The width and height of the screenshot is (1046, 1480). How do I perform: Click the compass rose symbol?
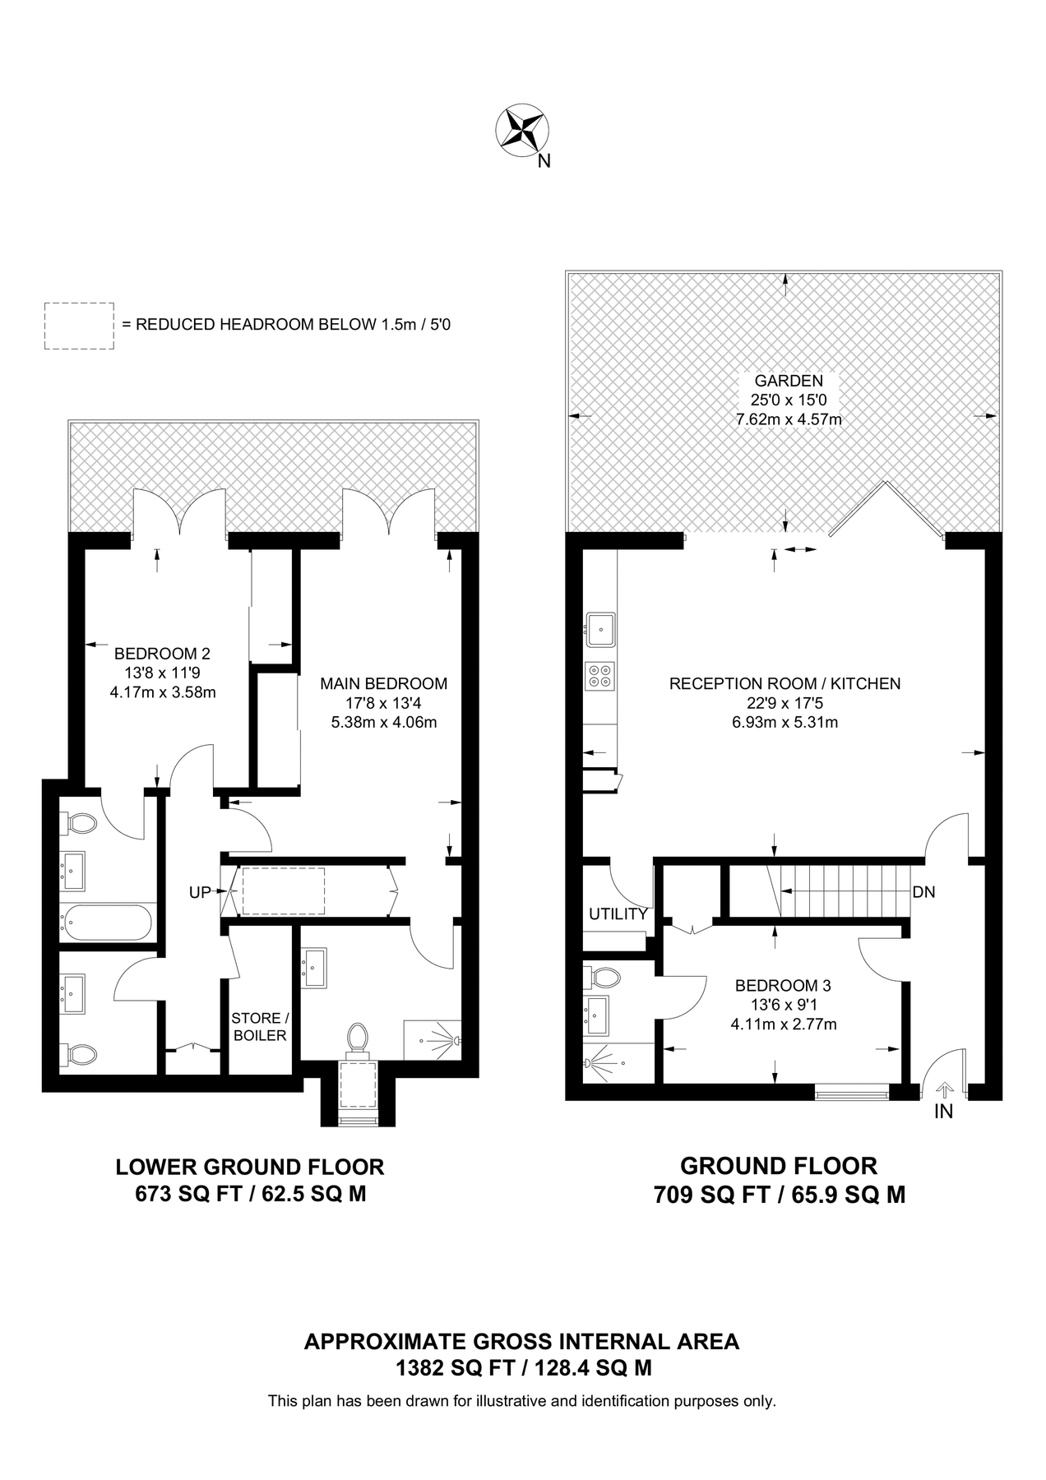coord(522,131)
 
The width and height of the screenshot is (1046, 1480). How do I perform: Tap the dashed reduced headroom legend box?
coord(79,326)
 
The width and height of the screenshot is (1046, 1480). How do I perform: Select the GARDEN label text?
coord(788,381)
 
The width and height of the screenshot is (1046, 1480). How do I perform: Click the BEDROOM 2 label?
coord(162,654)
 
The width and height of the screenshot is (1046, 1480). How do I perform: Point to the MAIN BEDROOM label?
coord(383,683)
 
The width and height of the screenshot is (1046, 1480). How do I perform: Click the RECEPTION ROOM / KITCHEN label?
coord(784,683)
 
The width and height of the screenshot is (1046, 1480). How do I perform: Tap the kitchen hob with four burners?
coord(599,676)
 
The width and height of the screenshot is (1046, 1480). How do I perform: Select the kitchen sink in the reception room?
coord(600,629)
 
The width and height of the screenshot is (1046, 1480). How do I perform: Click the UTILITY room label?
coord(618,913)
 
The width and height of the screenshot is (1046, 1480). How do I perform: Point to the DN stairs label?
coord(923,892)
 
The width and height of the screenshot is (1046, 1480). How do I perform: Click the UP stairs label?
coord(200,892)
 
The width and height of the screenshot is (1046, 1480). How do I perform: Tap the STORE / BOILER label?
coord(260,1027)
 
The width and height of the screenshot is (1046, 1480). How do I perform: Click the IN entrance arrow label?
coord(943,1112)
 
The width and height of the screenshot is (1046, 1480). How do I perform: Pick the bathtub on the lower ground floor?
coord(105,923)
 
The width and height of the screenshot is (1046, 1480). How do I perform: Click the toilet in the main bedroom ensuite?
coord(358,1037)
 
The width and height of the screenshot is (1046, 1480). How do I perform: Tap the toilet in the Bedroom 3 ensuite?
coord(604,978)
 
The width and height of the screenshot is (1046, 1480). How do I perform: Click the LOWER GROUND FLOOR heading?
coord(250,1167)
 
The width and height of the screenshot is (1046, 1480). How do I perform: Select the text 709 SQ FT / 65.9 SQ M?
coord(779,1194)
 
